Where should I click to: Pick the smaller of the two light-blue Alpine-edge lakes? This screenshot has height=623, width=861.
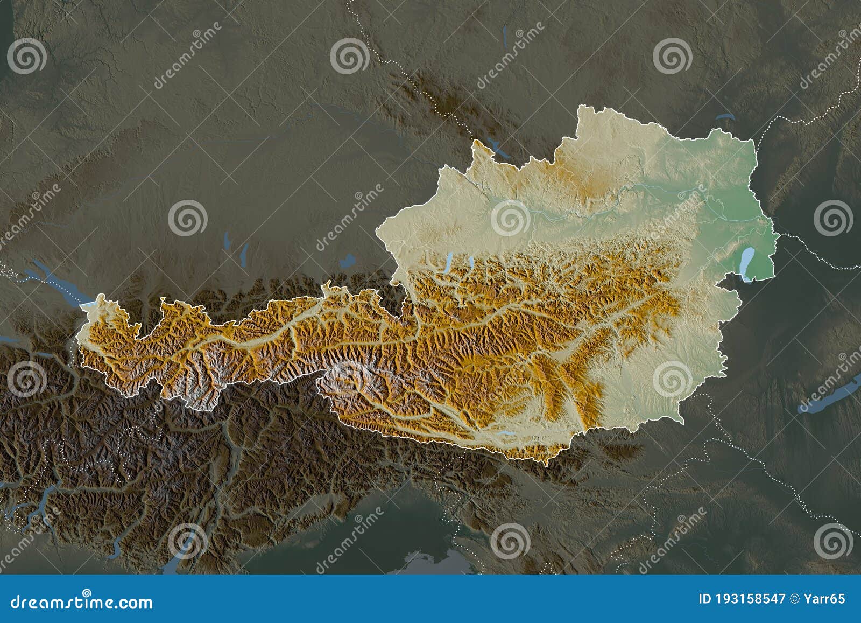471,262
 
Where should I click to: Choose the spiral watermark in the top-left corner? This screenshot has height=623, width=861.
26,56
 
